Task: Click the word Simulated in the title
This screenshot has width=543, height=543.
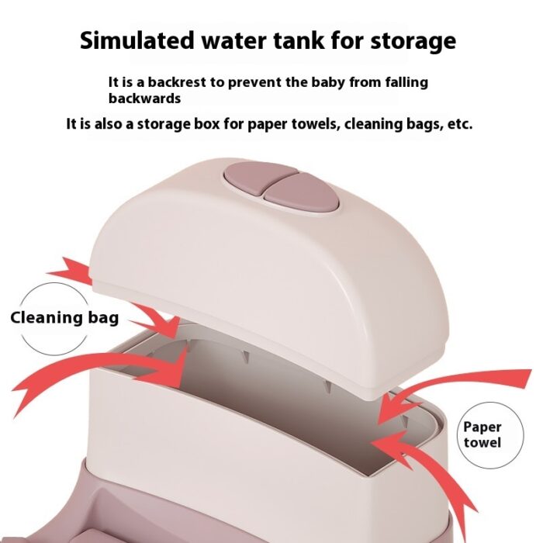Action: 137,40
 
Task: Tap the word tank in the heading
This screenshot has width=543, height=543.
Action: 299,40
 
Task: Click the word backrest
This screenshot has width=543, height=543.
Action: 177,82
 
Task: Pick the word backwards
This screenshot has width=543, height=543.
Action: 144,99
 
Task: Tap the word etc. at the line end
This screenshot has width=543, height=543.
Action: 459,124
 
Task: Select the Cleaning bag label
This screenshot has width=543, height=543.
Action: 64,317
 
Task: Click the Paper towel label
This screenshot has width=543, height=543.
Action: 482,434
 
